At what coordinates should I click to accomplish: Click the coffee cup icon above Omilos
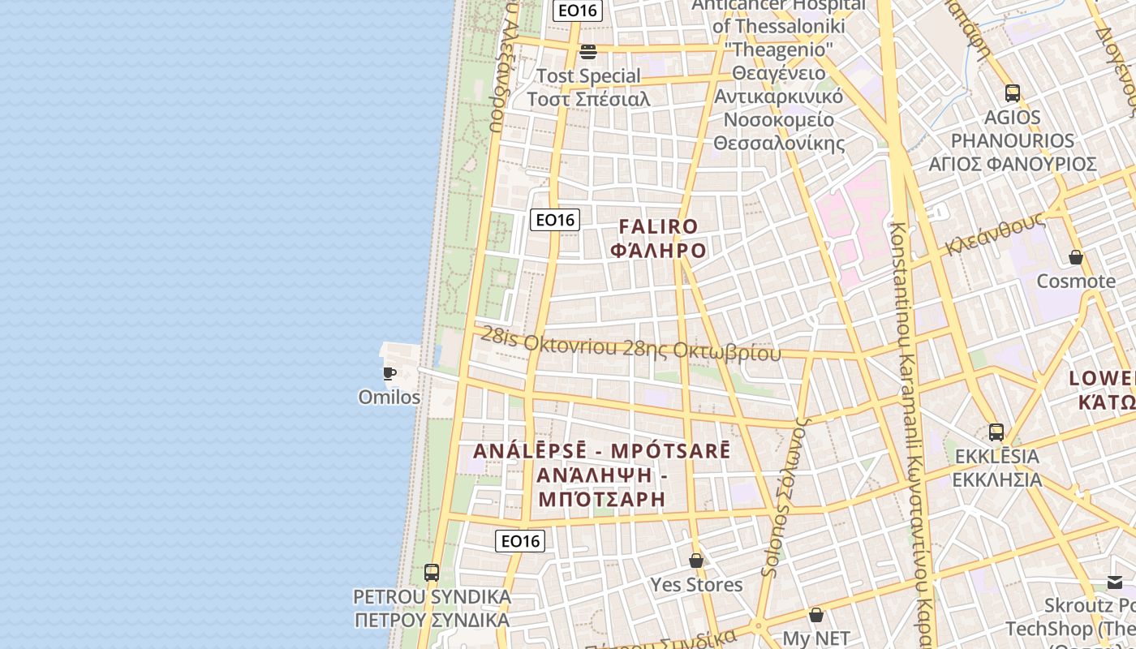click(x=389, y=373)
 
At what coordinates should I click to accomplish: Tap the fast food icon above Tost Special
click(x=588, y=52)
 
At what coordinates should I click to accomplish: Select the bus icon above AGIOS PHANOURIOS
click(x=1012, y=92)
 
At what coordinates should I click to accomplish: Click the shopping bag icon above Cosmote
click(x=1076, y=257)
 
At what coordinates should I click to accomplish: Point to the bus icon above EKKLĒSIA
click(x=996, y=432)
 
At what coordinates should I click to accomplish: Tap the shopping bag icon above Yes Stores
click(x=695, y=561)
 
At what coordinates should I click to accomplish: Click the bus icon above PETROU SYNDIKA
click(x=432, y=573)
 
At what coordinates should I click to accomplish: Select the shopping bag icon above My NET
click(x=815, y=616)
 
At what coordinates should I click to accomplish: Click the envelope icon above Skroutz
click(x=1115, y=582)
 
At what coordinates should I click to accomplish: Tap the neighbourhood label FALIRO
click(x=658, y=227)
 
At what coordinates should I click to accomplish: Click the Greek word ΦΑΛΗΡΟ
click(x=658, y=251)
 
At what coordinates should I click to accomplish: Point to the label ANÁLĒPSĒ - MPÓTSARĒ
click(x=601, y=451)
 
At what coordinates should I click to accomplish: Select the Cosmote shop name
click(x=1076, y=282)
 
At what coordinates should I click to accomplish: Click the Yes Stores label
click(x=696, y=585)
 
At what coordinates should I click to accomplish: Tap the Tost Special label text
click(x=588, y=76)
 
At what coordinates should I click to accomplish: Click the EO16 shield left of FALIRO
click(x=555, y=219)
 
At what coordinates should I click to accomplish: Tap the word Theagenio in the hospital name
click(x=782, y=49)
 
